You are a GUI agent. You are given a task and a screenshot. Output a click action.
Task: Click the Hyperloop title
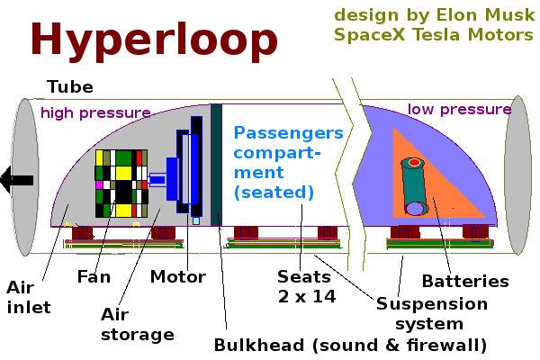coord(154,40)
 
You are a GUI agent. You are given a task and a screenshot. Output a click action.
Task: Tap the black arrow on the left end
coord(16,180)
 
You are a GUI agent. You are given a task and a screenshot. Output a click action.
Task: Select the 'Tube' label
coord(69,87)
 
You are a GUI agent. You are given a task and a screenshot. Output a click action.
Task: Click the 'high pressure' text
coord(95,112)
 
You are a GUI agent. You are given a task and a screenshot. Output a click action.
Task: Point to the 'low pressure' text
coord(459,110)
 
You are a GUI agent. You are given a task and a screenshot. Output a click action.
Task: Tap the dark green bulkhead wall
coord(216,162)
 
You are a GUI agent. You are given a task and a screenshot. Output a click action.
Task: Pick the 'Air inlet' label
coord(29,298)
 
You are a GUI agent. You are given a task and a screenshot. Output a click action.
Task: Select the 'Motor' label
coord(178,276)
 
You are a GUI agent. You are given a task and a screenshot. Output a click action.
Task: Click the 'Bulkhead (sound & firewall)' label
coord(350,345)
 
